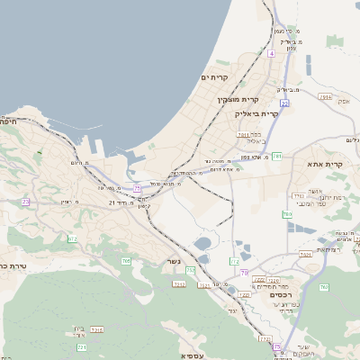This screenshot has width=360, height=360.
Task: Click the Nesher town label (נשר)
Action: coord(175,262)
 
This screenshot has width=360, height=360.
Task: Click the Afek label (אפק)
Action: coord(343,101)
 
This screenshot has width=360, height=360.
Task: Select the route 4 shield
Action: coord(270,54)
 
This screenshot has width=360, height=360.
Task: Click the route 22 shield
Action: coord(284,103)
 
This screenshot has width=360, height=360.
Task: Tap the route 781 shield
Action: coord(277,157)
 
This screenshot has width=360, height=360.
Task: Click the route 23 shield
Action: coord(26,202)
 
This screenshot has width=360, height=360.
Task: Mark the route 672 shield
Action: coord(72,238)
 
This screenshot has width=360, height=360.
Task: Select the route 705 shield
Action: coord(126,261)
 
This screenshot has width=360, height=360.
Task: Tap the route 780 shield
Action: coord(287,214)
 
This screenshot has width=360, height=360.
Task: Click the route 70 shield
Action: coord(244,272)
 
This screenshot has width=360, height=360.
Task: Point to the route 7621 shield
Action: coord(306,255)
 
